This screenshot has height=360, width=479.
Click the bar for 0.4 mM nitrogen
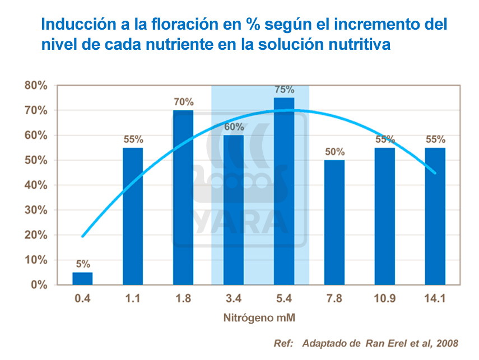click(82, 278)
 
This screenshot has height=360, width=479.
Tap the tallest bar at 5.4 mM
click(284, 191)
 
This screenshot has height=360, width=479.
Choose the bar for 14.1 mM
click(435, 216)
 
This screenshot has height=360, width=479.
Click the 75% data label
click(284, 90)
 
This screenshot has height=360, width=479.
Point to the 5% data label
click(82, 264)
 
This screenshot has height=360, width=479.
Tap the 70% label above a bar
click(183, 102)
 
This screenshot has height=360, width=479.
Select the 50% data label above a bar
click(334, 152)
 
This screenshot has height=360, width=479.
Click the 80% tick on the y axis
click(35, 86)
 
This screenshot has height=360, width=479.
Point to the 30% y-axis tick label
click(35, 210)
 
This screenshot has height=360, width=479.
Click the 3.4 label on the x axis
click(234, 298)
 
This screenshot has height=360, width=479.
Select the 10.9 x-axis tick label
click(385, 298)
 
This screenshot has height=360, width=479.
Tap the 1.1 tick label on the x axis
click(133, 298)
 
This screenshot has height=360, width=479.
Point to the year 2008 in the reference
click(447, 343)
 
